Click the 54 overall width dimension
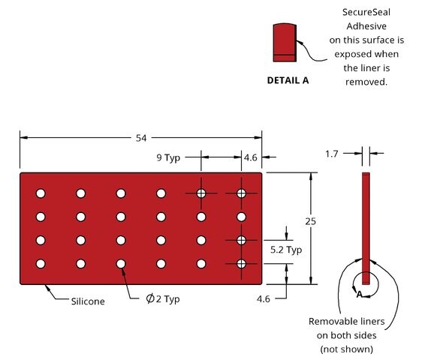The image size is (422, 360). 141,138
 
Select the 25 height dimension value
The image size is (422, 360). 310,221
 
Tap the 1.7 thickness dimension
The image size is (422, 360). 331,154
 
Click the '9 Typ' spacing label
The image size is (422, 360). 168,157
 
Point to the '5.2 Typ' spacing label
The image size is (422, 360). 286,250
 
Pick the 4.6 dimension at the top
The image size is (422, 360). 251,157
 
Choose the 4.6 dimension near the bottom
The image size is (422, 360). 264,299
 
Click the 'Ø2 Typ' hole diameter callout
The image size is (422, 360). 162,299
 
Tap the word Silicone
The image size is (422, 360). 88,301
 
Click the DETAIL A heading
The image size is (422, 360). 288,80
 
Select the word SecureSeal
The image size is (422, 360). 366,12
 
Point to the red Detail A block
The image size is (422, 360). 285,43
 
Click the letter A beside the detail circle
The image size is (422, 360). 359,295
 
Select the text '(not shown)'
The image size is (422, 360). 347,349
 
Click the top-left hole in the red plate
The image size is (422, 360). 41,193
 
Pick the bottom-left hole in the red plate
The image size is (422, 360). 41,264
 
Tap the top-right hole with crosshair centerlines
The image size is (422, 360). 241,193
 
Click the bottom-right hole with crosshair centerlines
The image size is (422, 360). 241,264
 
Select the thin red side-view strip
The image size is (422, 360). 366,229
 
